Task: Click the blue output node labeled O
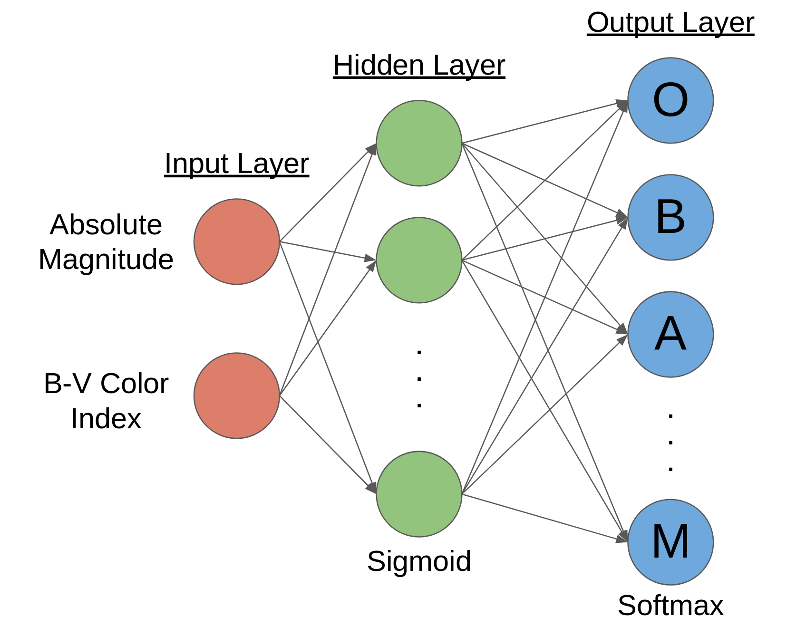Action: [670, 100]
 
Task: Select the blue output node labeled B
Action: [670, 217]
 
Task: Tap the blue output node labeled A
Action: [670, 334]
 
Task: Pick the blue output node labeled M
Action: [670, 542]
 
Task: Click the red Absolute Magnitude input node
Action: [236, 241]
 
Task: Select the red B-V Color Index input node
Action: [236, 395]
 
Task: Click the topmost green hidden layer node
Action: [418, 143]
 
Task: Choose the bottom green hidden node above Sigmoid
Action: [418, 494]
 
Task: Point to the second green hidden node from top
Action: [418, 260]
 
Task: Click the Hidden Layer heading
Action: [418, 66]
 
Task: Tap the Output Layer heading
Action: [670, 23]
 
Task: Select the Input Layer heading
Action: [236, 164]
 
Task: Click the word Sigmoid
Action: [418, 561]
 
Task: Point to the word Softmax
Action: [670, 606]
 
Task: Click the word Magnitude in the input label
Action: [106, 260]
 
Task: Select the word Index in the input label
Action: [106, 419]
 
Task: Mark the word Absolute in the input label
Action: [106, 224]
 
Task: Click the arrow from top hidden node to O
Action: [542, 122]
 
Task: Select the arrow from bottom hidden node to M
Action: [542, 517]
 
